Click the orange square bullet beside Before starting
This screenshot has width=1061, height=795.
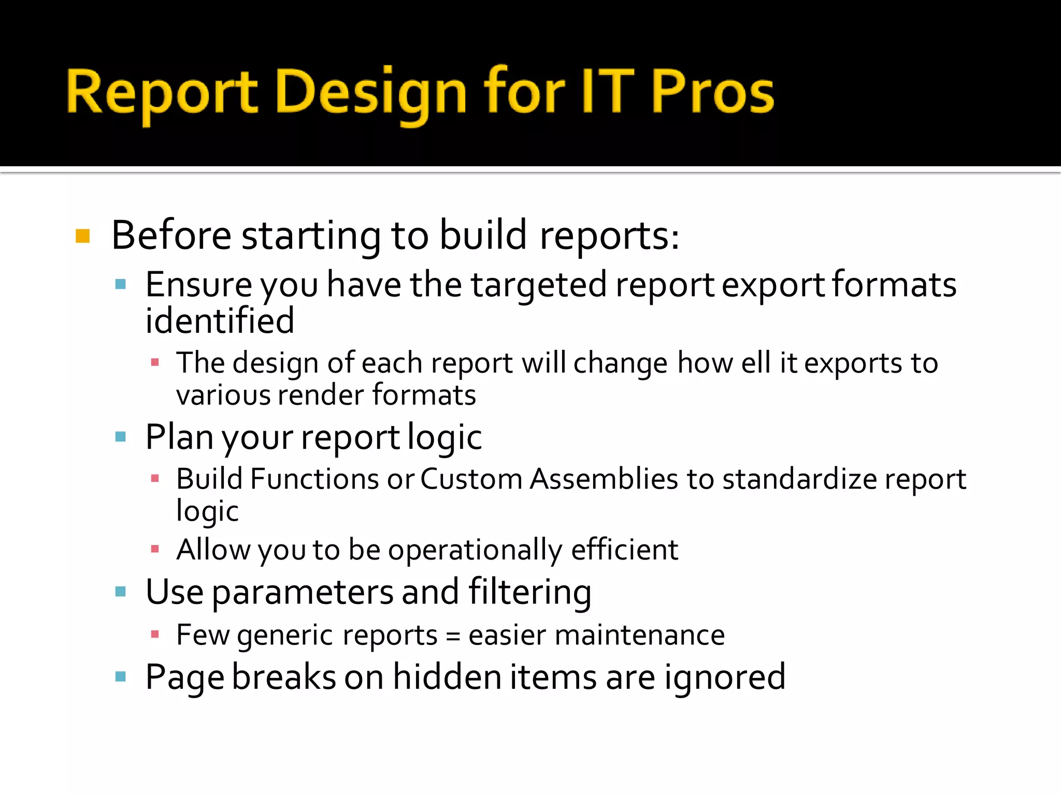tap(83, 236)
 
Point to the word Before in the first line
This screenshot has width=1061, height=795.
tap(171, 236)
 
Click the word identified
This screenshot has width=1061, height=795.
tap(220, 321)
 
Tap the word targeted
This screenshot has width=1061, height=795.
tap(539, 286)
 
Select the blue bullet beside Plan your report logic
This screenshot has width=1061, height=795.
tap(121, 437)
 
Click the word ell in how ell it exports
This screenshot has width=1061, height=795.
tap(756, 363)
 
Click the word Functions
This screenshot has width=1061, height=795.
tap(314, 479)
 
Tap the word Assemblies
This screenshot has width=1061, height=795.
tap(604, 479)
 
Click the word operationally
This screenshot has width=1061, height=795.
tap(475, 550)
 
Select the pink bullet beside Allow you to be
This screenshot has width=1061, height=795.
tap(155, 549)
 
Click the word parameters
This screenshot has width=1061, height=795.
tap(302, 592)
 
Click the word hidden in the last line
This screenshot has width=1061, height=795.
tap(447, 677)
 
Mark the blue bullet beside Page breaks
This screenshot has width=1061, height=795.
tap(121, 676)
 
